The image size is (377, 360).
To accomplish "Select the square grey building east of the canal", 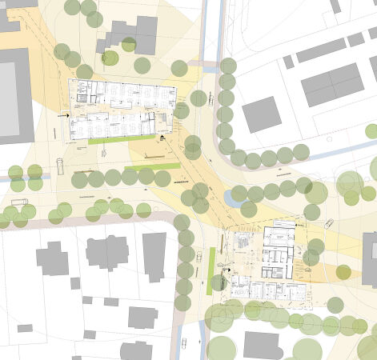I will point(261,114).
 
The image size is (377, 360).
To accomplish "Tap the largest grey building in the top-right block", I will point(332,84).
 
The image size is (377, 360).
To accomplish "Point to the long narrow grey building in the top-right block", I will point(320,51).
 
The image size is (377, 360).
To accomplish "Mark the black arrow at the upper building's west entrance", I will point(62,115).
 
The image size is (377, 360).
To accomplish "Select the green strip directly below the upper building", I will point(122,139).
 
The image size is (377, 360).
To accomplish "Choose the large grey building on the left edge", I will point(14,96).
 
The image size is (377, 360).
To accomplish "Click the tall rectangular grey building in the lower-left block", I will point(154,256).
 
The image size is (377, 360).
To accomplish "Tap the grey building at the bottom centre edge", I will point(263,346).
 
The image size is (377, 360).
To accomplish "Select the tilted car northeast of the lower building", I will point(328,223).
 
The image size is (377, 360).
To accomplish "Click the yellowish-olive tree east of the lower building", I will point(343,272).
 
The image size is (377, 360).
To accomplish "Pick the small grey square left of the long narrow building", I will point(288,62).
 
